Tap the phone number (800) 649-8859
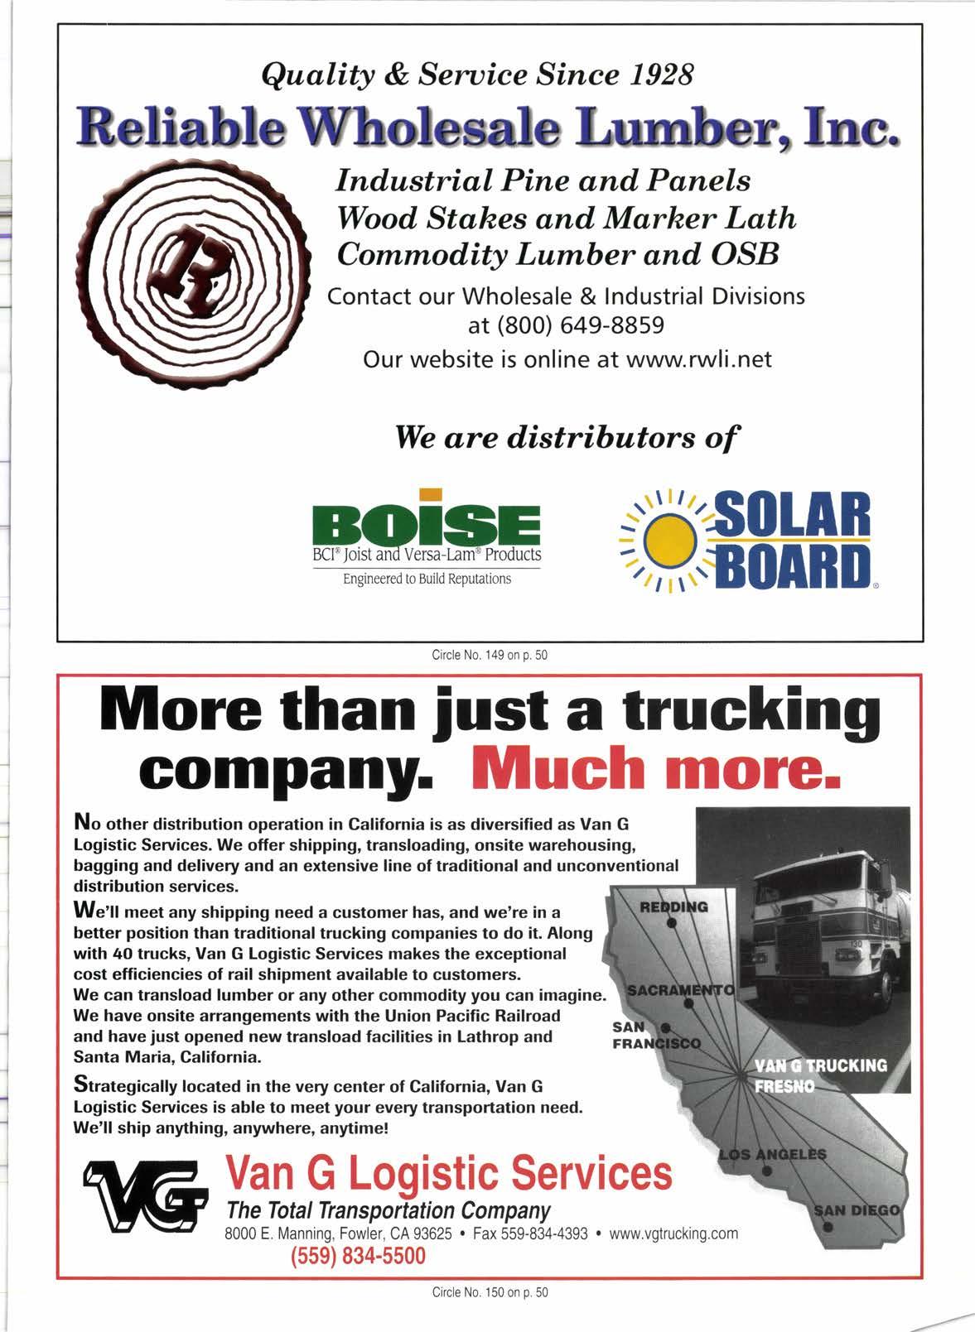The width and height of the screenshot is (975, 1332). (566, 325)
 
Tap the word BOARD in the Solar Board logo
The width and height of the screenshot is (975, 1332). (794, 563)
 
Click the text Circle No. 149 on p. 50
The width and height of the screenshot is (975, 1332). (490, 656)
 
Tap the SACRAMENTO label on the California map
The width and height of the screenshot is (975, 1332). (680, 989)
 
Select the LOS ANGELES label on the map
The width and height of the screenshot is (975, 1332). (772, 1154)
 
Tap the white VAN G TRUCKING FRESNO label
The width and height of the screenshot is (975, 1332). (821, 1074)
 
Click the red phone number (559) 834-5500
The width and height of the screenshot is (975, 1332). (357, 1256)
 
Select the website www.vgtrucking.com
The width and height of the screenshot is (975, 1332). (673, 1233)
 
